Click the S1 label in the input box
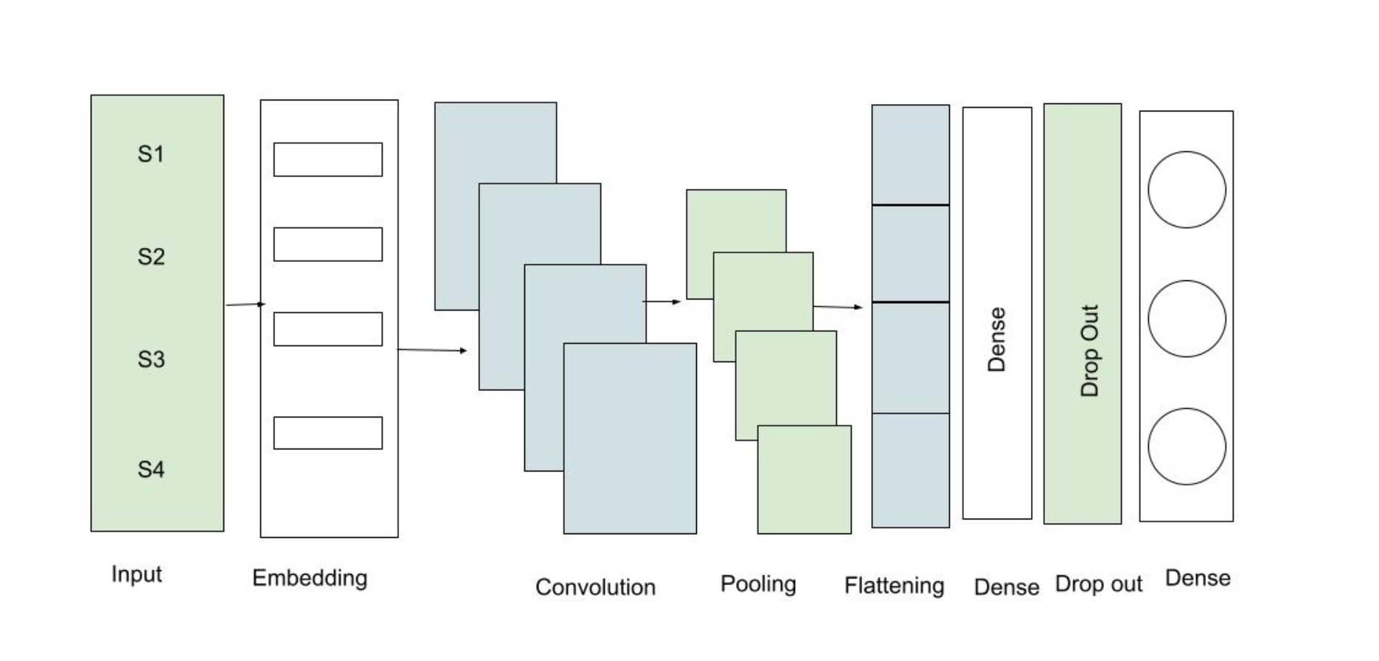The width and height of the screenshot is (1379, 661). [150, 154]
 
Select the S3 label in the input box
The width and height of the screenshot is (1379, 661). [150, 359]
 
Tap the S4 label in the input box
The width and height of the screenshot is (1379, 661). [150, 469]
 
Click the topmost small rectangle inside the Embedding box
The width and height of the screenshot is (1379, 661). [328, 159]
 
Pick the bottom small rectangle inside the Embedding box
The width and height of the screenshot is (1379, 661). [328, 433]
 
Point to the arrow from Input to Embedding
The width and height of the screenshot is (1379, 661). [245, 304]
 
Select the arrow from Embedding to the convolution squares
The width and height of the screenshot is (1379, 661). [432, 350]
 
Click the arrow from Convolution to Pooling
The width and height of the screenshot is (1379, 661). [661, 302]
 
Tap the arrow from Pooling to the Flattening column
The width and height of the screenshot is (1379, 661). [838, 306]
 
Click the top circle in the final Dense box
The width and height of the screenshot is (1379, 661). [1187, 190]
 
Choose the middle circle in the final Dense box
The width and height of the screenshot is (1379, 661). [1187, 319]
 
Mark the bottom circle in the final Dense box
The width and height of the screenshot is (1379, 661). [1187, 446]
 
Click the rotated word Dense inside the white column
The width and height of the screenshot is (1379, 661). [996, 339]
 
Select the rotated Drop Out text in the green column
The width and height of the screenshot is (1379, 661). [1089, 350]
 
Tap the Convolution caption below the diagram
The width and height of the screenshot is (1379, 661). [595, 587]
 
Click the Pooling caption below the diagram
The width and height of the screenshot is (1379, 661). [758, 584]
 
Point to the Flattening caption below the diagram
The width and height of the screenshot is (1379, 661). [894, 586]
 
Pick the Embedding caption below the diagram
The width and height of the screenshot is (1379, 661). [310, 578]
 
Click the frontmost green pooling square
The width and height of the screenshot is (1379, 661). [805, 480]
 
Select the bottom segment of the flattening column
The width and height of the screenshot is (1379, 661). [911, 470]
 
